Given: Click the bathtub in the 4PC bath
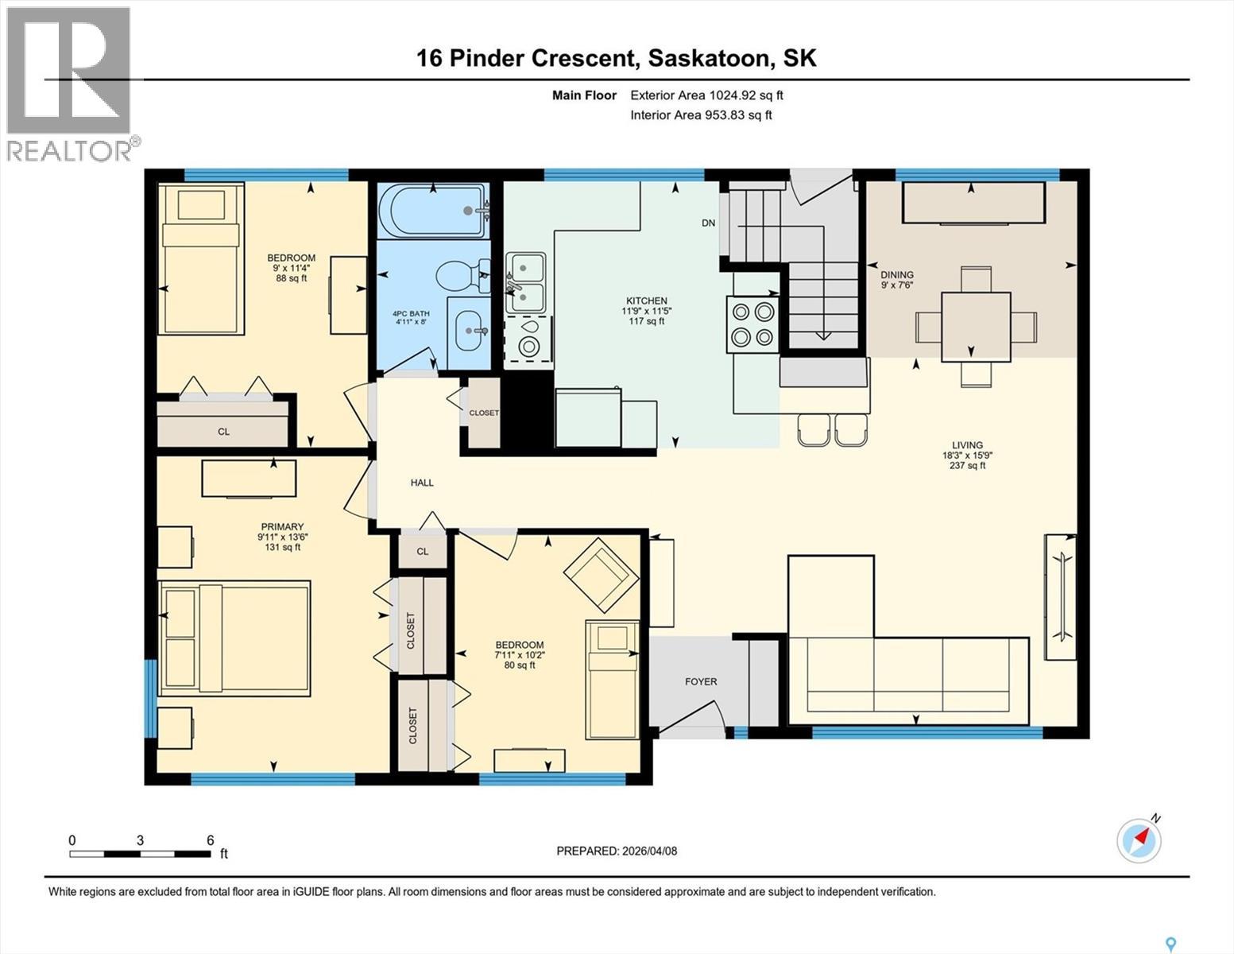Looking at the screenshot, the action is (433, 211).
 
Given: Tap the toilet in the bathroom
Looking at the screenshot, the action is (462, 276).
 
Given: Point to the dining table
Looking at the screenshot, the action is (976, 327).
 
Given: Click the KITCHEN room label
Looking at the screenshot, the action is (646, 301).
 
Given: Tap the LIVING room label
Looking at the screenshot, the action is (967, 445).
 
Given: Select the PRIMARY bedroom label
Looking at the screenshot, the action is (282, 527).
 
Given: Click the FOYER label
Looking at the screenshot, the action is (701, 681).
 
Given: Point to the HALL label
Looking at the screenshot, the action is (422, 483).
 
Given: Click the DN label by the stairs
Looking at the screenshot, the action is (708, 223).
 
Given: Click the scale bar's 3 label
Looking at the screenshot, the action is (140, 840).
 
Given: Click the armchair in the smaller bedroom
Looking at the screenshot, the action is (601, 575).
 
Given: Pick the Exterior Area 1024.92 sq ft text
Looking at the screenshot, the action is (706, 95).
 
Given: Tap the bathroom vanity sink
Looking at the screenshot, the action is (469, 331).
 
